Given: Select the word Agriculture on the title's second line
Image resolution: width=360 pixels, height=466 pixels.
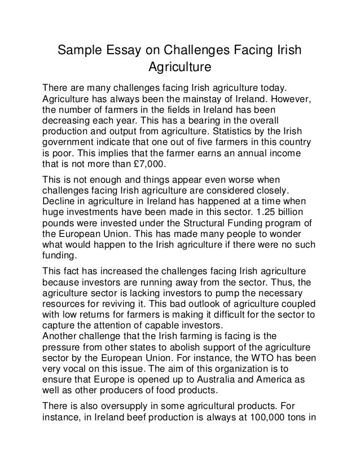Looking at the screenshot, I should pos(179,68).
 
